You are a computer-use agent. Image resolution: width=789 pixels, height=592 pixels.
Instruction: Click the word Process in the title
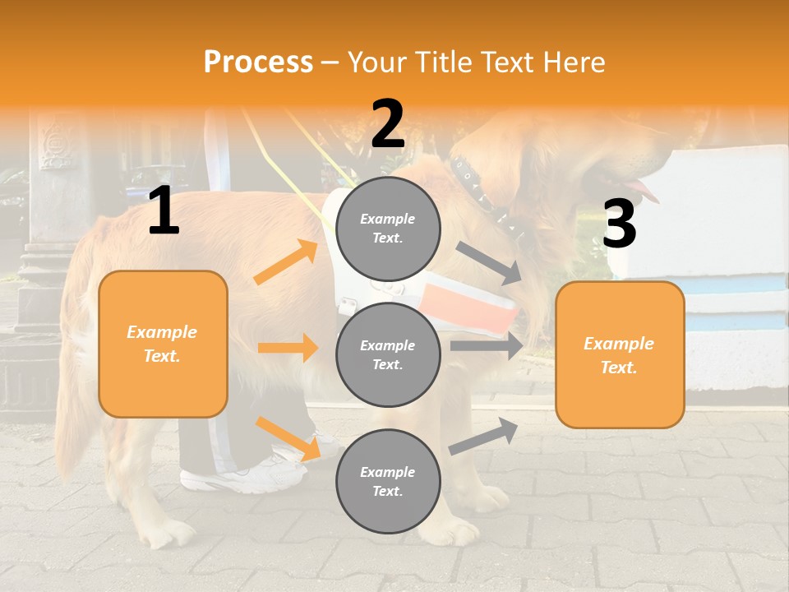coord(258,62)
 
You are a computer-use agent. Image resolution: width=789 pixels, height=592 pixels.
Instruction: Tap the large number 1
coord(164,211)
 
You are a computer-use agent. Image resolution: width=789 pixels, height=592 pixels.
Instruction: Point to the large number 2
coord(388,124)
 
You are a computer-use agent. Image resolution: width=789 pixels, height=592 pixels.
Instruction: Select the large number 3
coord(619,224)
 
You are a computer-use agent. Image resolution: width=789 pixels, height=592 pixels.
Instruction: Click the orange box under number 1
coord(163,344)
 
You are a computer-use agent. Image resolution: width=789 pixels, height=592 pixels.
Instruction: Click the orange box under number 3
coord(620,354)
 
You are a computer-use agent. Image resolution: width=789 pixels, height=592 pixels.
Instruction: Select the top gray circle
coord(388,228)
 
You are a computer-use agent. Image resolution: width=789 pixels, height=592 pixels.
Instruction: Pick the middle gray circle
coord(388,354)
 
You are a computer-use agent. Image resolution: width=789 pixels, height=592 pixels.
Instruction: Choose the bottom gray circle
coord(388,481)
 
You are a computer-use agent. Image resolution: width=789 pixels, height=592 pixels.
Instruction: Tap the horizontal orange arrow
coord(288,348)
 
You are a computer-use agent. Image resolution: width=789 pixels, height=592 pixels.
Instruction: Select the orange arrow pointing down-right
coord(288,437)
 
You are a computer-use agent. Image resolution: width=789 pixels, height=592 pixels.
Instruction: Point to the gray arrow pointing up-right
coord(484,435)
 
